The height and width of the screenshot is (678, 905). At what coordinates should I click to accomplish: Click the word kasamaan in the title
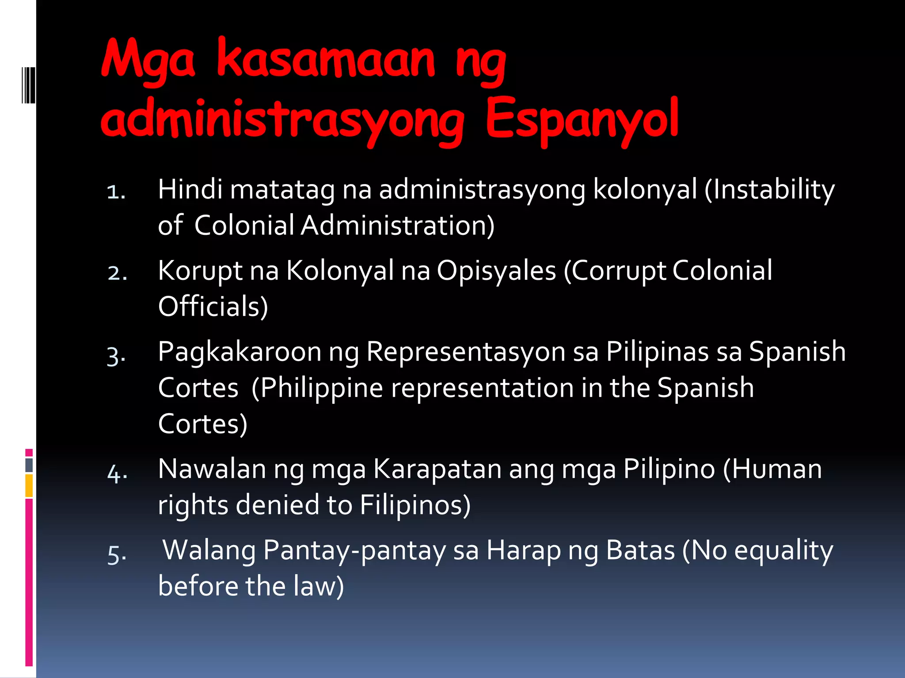326,60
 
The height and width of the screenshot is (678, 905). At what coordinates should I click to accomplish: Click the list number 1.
116,192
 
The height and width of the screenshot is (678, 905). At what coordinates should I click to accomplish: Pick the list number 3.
116,355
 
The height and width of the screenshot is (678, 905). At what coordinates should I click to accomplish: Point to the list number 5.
117,554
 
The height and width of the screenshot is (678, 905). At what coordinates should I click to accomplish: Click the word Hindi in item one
190,189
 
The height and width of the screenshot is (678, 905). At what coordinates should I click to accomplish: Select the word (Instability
769,190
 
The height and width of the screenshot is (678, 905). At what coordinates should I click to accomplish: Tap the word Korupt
200,271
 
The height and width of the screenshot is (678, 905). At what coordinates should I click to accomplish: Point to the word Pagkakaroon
239,352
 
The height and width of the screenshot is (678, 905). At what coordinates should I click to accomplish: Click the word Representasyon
466,352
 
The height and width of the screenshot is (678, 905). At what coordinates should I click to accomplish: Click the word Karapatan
437,469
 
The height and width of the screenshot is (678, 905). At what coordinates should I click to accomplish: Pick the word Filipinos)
415,505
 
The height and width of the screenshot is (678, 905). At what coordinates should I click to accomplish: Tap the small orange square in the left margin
29,486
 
